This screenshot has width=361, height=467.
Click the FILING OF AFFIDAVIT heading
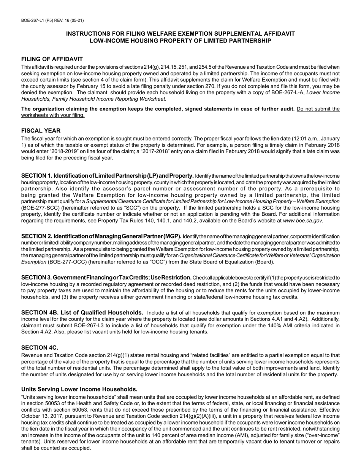52,59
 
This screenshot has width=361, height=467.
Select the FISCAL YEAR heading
41,131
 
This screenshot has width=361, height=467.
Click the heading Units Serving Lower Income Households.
79,389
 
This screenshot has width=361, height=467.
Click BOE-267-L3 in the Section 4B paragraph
90,325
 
